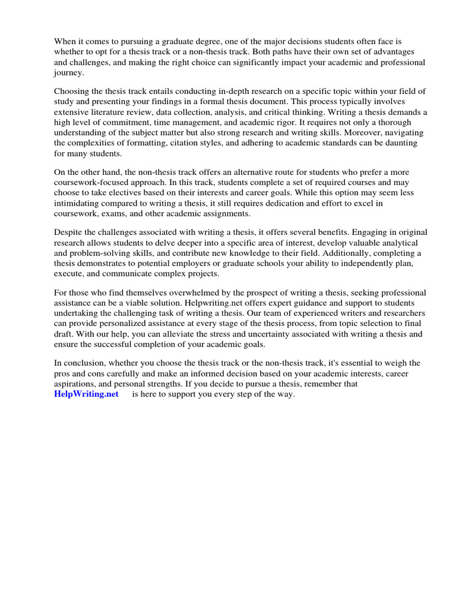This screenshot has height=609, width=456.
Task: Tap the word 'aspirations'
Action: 77,384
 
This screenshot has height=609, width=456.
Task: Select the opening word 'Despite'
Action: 69,233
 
